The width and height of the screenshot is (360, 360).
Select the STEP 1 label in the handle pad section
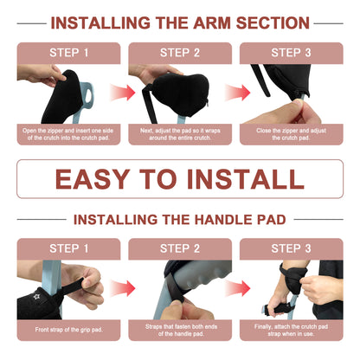coord(68,248)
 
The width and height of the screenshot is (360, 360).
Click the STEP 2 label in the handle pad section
coord(179,248)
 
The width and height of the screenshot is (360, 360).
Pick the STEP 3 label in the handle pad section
coord(291,248)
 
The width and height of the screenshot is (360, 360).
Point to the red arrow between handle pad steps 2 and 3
coord(235,288)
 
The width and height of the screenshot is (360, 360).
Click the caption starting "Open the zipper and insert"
coord(68,135)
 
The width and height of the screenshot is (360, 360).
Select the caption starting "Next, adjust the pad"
coord(179,135)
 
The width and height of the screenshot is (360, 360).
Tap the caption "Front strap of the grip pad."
coord(68,329)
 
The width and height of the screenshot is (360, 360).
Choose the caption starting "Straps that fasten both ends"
coord(179,329)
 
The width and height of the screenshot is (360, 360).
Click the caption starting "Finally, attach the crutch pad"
coord(291,329)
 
